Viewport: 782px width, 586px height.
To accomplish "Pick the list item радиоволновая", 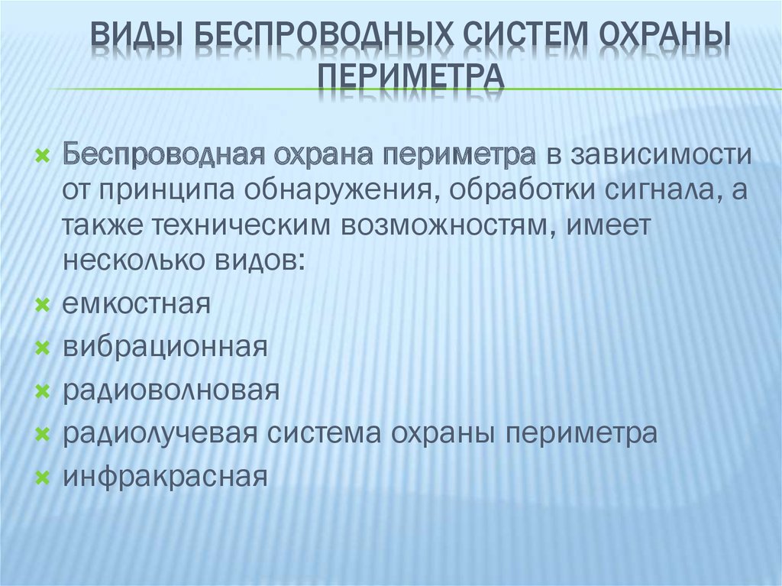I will coord(171,391).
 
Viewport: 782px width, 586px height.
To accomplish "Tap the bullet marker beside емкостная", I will coord(43,306).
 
